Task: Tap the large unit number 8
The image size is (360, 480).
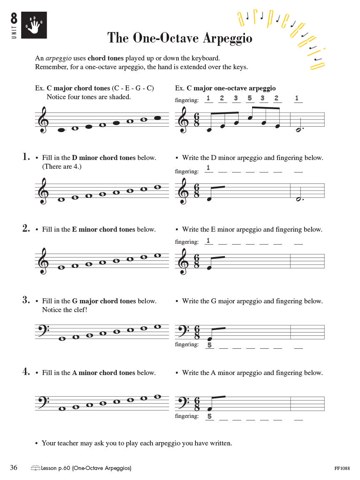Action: (x=14, y=19)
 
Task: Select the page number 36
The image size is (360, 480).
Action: (x=14, y=468)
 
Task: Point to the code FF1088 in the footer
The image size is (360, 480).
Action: (x=342, y=468)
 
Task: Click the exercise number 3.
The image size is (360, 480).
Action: (x=26, y=300)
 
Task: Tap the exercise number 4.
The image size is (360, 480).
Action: (x=26, y=372)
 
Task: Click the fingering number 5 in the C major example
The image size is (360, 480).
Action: (x=250, y=98)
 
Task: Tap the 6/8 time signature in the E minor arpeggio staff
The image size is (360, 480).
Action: (x=197, y=261)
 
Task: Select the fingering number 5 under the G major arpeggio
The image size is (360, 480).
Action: (x=209, y=345)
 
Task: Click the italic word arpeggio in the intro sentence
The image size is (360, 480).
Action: (x=57, y=58)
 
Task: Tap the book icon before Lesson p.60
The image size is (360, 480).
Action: (x=35, y=468)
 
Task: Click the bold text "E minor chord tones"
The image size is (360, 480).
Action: (x=103, y=229)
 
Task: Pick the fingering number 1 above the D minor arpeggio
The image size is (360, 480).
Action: (x=209, y=168)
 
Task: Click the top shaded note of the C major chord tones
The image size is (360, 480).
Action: (x=157, y=118)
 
